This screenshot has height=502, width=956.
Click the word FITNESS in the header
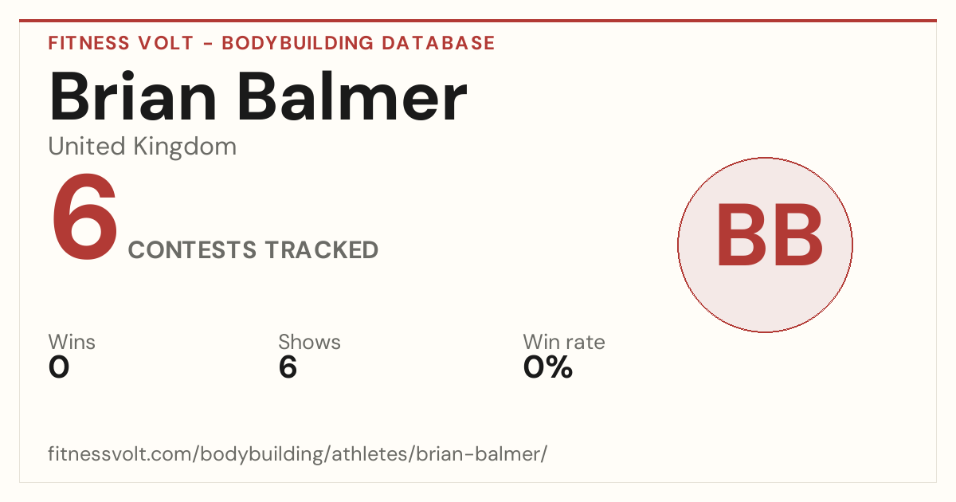88,43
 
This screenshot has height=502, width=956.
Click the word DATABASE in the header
438,43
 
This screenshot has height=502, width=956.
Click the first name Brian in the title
133,97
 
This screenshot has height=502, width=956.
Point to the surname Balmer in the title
352,97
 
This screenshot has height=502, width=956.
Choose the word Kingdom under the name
185,147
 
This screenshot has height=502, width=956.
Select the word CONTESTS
193,249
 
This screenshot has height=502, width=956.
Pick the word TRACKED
321,249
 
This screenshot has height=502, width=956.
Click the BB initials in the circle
770,234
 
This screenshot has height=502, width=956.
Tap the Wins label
72,342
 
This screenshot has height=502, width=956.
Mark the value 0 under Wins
59,367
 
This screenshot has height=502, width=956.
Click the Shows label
309,342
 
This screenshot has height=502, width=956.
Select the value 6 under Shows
288,367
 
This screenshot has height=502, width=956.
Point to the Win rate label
564,342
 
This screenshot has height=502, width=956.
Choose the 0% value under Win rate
548,367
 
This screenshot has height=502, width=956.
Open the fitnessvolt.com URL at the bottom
297,454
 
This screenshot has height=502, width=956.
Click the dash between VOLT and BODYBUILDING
208,44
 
